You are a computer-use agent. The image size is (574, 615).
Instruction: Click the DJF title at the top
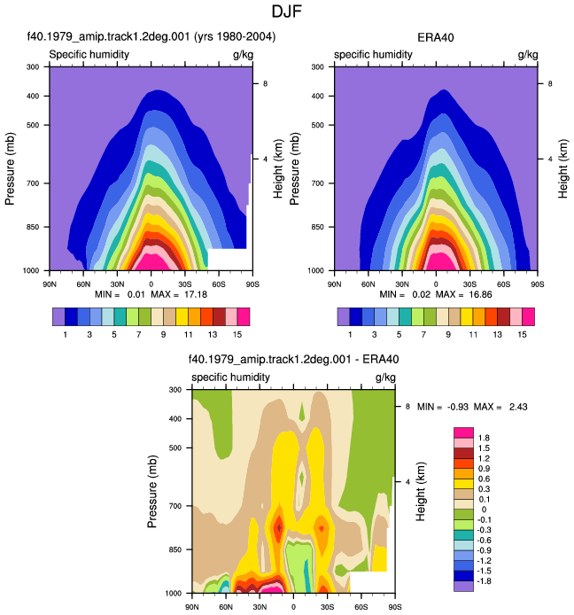(287, 12)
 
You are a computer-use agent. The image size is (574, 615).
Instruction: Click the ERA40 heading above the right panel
(436, 37)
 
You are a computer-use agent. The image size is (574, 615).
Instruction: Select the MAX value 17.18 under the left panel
(196, 294)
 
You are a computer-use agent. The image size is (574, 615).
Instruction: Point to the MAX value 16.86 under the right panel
(480, 294)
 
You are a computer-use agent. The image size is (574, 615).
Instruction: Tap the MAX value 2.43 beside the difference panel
(518, 407)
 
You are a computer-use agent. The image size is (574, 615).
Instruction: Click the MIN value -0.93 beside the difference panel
(458, 407)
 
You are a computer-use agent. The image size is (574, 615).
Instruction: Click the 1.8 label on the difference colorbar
(484, 438)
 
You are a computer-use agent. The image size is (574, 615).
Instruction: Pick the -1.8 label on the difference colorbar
(483, 580)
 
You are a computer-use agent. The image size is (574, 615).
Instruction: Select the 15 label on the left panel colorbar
(237, 335)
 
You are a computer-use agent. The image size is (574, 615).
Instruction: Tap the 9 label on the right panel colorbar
(448, 335)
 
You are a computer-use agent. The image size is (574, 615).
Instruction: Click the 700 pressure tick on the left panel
(33, 183)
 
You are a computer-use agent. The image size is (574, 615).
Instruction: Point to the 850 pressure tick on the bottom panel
(175, 550)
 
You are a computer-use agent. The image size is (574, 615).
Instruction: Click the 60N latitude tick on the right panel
(368, 284)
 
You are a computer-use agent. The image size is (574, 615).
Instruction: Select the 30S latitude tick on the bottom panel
(328, 607)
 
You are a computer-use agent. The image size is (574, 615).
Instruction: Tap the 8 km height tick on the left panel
(266, 84)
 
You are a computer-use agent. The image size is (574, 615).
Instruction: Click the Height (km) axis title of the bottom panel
(420, 492)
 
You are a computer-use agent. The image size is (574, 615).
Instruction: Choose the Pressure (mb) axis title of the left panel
(10, 168)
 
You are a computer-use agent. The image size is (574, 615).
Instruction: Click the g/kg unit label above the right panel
(528, 55)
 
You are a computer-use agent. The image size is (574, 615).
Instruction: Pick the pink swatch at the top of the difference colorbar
(463, 432)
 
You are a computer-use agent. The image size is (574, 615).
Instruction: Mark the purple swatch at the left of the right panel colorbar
(344, 317)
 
